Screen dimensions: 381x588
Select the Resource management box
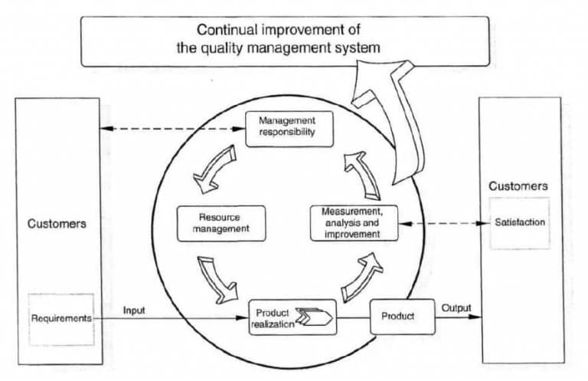point(220,223)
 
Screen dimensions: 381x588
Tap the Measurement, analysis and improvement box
point(354,222)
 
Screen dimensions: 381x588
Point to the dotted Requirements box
point(61,317)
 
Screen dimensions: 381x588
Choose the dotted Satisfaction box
point(519,222)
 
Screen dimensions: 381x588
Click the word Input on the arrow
point(135,310)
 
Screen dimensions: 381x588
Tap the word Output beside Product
point(456,308)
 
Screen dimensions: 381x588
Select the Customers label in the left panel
point(57,225)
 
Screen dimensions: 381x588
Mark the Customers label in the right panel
point(518,186)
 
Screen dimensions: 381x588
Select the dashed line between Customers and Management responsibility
point(172,128)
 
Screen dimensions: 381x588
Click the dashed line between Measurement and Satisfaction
point(444,223)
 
